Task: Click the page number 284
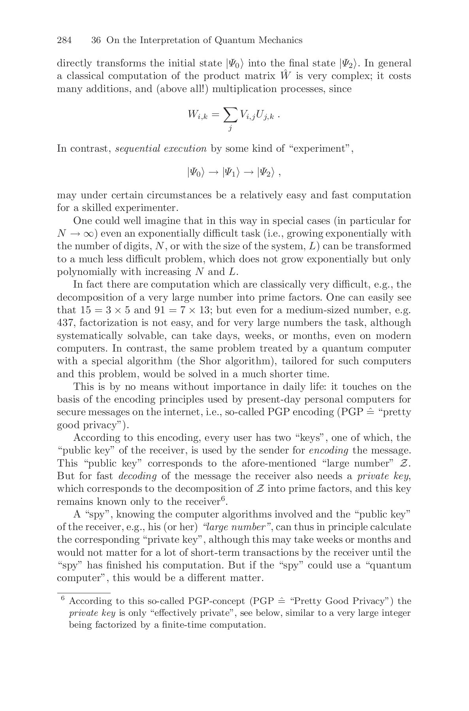tap(64, 40)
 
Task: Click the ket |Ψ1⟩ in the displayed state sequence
tap(231, 172)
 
